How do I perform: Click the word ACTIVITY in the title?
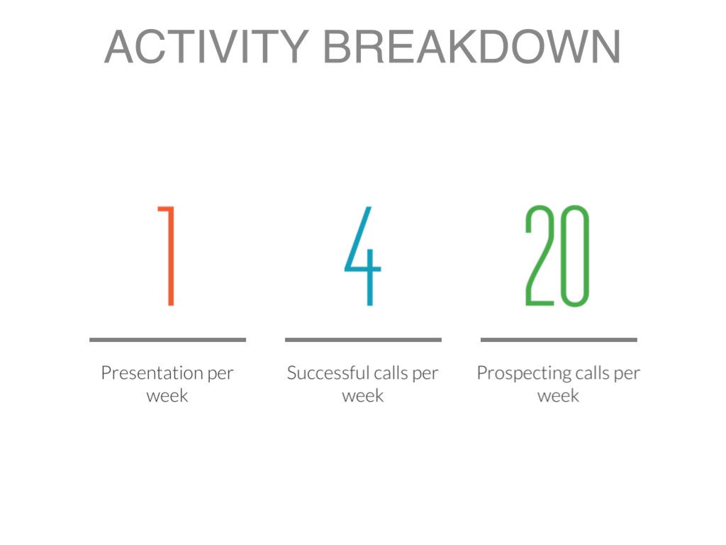pyautogui.click(x=206, y=46)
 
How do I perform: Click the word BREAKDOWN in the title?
pyautogui.click(x=471, y=46)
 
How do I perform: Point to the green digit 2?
pyautogui.click(x=540, y=255)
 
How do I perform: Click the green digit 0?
pyautogui.click(x=574, y=255)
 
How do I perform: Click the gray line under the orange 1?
pyautogui.click(x=167, y=340)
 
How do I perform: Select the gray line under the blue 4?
pyautogui.click(x=363, y=340)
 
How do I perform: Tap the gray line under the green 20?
pyautogui.click(x=559, y=340)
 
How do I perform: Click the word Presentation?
pyautogui.click(x=152, y=373)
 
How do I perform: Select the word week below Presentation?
pyautogui.click(x=167, y=396)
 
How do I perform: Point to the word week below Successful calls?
pyautogui.click(x=362, y=396)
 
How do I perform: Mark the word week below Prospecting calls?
pyautogui.click(x=558, y=396)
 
